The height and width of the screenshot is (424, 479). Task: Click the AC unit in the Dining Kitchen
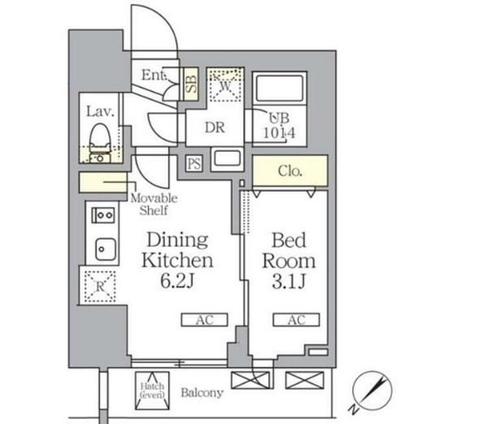click(204, 320)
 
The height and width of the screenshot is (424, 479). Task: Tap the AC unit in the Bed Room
click(296, 320)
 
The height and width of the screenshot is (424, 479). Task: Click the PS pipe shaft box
click(194, 163)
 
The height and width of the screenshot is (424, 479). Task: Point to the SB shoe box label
click(191, 84)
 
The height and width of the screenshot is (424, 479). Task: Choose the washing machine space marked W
click(225, 84)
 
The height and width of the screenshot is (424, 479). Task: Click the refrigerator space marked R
click(100, 287)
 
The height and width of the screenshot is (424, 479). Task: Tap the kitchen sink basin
click(106, 249)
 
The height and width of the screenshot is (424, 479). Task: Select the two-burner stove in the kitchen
click(103, 215)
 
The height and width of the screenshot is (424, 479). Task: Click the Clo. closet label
click(290, 171)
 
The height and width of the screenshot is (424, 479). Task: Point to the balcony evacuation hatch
click(152, 391)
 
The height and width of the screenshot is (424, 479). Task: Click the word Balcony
click(202, 392)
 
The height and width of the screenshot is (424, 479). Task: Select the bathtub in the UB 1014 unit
click(280, 88)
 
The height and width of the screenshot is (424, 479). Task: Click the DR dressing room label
click(215, 128)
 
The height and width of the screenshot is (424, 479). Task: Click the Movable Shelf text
click(154, 205)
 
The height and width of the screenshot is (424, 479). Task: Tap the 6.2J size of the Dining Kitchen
click(177, 281)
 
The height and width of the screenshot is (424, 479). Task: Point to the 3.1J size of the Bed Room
click(289, 281)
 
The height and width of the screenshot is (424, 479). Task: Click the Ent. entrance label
click(154, 75)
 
